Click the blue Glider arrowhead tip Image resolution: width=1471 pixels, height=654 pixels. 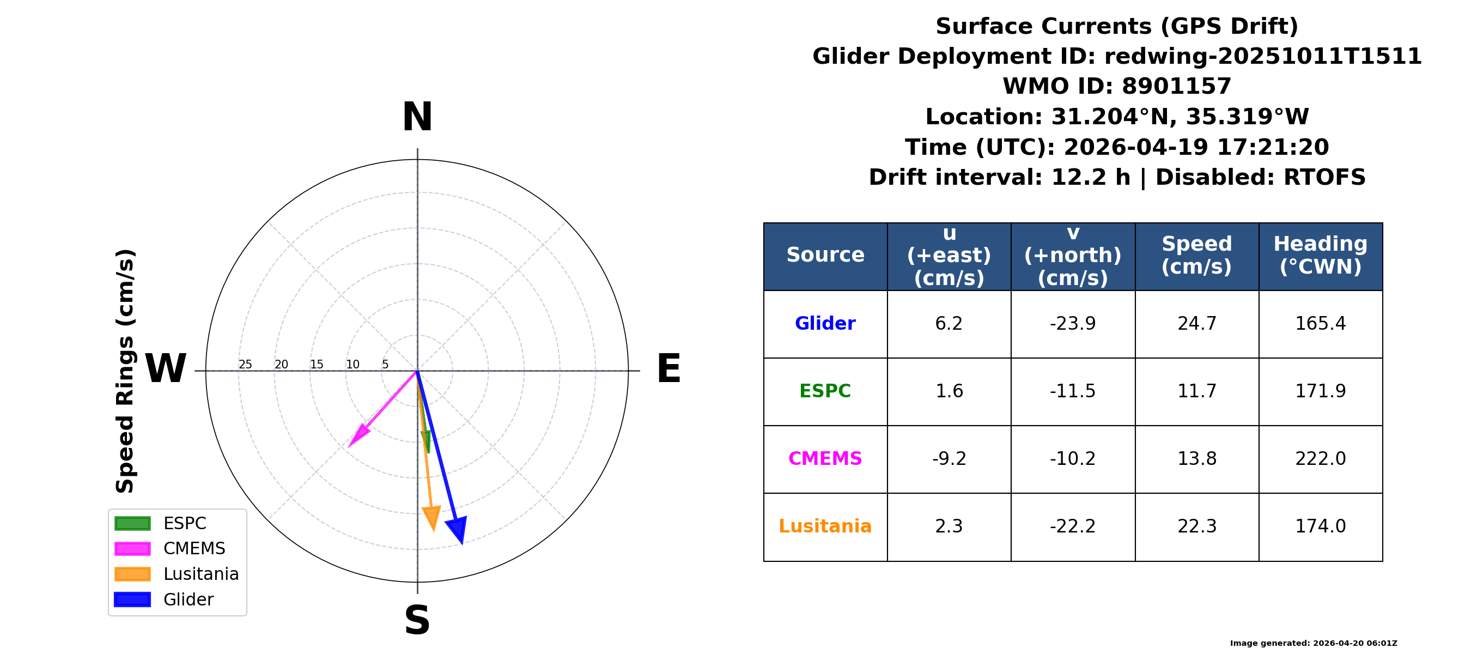(x=461, y=544)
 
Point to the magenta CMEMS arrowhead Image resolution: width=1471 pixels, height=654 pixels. (x=358, y=436)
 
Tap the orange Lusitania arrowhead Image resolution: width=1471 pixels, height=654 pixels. (x=431, y=518)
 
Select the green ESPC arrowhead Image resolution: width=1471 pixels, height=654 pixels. (x=426, y=442)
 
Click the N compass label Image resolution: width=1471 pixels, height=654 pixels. (x=417, y=117)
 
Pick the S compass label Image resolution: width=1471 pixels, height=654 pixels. (x=417, y=620)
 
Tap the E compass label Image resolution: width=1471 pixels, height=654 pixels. (x=668, y=368)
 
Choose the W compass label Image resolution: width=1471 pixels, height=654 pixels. (x=166, y=368)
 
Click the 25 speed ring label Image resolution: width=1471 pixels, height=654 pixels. (x=245, y=365)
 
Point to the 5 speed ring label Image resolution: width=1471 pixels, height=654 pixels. (x=385, y=365)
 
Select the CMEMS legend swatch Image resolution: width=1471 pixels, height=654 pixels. (x=132, y=549)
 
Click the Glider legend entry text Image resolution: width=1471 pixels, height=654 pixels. (x=189, y=599)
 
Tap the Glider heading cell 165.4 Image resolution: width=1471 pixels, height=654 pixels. (x=1320, y=324)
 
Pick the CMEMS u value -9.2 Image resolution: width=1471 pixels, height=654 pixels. (x=949, y=459)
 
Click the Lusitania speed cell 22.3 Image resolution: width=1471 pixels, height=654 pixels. (x=1197, y=526)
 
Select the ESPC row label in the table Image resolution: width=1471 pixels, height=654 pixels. (x=825, y=391)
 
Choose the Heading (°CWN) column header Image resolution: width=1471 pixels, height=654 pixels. (x=1320, y=255)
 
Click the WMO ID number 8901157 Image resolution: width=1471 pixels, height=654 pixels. (x=1176, y=86)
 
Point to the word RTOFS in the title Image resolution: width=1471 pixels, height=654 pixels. (x=1324, y=177)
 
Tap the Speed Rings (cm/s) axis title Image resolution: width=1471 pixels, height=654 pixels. (x=125, y=371)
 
